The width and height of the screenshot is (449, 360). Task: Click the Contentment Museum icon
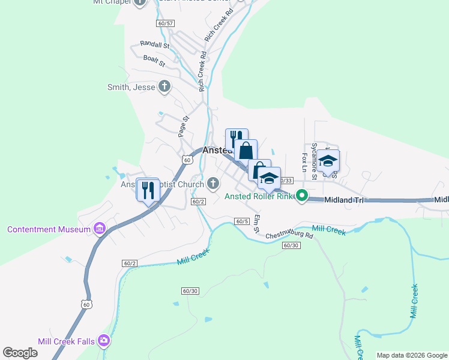click(x=100, y=229)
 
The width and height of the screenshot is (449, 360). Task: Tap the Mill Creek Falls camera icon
click(x=104, y=341)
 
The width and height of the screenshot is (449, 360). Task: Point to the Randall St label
click(x=155, y=44)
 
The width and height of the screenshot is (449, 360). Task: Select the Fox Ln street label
click(x=304, y=162)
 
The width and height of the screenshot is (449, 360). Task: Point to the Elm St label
click(x=256, y=224)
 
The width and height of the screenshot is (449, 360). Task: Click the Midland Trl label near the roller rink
click(x=344, y=199)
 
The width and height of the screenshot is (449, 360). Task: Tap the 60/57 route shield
click(x=165, y=23)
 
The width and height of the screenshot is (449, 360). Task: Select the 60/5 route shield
click(x=242, y=221)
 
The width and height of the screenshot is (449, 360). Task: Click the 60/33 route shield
click(x=286, y=180)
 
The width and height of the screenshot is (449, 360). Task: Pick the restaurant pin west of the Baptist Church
click(x=148, y=190)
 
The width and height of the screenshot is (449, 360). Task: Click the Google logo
click(x=20, y=353)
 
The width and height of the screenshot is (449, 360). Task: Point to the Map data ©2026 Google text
click(x=411, y=355)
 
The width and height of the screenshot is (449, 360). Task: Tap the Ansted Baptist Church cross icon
click(x=212, y=183)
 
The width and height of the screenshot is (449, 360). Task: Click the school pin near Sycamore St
click(x=328, y=161)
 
